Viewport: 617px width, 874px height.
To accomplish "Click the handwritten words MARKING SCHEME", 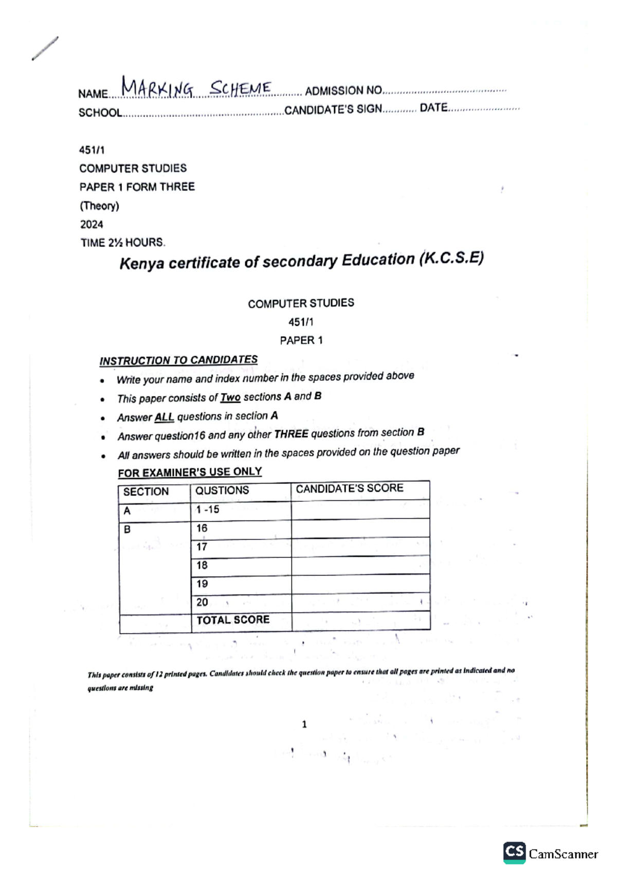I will coord(196,89).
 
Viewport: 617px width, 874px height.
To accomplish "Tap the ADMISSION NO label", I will coord(343,91).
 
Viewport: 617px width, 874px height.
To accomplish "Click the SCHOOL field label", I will coord(100,113).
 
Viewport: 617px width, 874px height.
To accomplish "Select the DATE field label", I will coord(433,108).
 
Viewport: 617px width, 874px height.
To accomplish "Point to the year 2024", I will coord(92,224).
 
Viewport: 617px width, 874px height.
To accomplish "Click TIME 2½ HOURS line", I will coord(122,242).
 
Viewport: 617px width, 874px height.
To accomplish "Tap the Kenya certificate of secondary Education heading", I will coord(301,260).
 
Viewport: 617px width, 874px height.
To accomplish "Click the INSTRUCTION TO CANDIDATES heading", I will coord(178,360).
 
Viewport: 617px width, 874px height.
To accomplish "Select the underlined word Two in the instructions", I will coord(230,397).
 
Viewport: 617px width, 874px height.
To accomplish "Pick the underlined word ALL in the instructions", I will coord(164,417).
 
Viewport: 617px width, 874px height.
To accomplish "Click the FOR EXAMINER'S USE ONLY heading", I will coord(190,472).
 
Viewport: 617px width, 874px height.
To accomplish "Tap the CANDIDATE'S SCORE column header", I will coord(349,488).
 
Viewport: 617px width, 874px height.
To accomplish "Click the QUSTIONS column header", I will coord(222,491).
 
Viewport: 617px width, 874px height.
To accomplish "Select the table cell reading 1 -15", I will coord(207,510).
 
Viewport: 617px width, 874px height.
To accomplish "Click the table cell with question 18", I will coord(202,565).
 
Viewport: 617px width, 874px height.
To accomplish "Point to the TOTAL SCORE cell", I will coord(233,620).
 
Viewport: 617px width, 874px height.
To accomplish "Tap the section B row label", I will coord(127,529).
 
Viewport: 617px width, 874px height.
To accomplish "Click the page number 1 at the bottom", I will coord(304,724).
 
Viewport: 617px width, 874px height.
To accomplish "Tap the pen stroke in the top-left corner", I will coord(45,48).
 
